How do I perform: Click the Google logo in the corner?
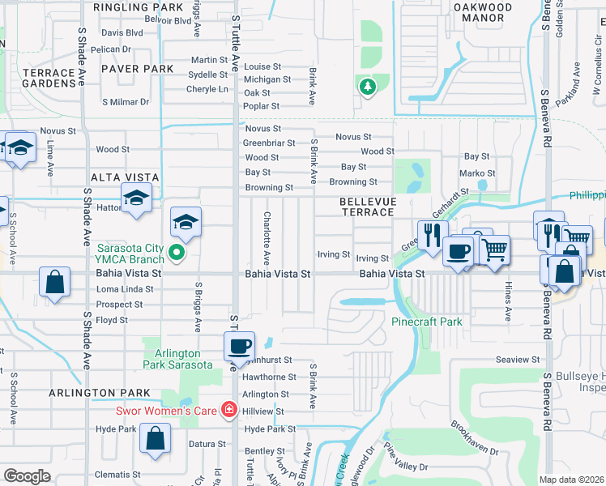[x=27, y=476]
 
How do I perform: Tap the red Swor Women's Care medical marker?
[x=230, y=410]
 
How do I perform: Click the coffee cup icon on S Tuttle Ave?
[x=238, y=346]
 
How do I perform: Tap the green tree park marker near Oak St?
[x=367, y=87]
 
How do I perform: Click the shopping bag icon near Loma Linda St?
[x=54, y=283]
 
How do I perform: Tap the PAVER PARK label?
[x=137, y=70]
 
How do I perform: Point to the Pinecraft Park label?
[x=427, y=322]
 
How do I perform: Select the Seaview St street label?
[x=519, y=360]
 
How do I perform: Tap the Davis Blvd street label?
[x=122, y=33]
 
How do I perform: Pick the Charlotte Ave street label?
[x=266, y=239]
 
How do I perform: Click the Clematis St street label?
[x=118, y=475]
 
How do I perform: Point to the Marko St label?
[x=477, y=173]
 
